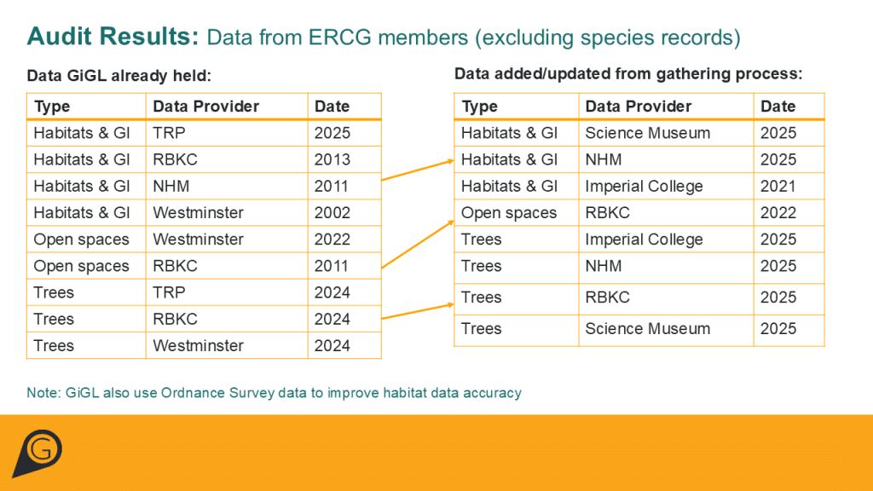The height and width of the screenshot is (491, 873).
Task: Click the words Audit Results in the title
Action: [113, 36]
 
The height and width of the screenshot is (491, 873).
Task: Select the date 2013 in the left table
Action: [332, 159]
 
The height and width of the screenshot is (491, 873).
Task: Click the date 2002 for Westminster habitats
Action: [332, 212]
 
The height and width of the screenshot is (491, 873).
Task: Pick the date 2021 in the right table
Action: [778, 186]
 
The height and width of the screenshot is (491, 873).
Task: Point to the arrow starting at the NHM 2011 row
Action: [418, 170]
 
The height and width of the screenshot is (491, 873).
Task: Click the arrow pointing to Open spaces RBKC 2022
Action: [418, 245]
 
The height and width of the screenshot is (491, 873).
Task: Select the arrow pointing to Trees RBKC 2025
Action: [418, 311]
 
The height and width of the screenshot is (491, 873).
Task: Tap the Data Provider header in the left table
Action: [206, 107]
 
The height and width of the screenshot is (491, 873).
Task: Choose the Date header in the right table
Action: [778, 107]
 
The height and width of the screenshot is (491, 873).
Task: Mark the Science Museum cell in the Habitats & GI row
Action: [648, 133]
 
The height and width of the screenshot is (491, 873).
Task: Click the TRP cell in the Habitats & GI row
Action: [170, 133]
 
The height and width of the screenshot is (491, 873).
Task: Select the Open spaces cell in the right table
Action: [509, 213]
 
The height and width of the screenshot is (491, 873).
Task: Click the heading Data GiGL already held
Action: [119, 76]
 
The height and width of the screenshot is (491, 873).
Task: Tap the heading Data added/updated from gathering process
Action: [628, 74]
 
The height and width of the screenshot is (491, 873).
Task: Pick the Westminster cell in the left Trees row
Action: [198, 346]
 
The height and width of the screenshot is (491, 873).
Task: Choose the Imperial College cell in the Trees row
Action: [644, 240]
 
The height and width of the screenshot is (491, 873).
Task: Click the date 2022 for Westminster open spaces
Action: [332, 240]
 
